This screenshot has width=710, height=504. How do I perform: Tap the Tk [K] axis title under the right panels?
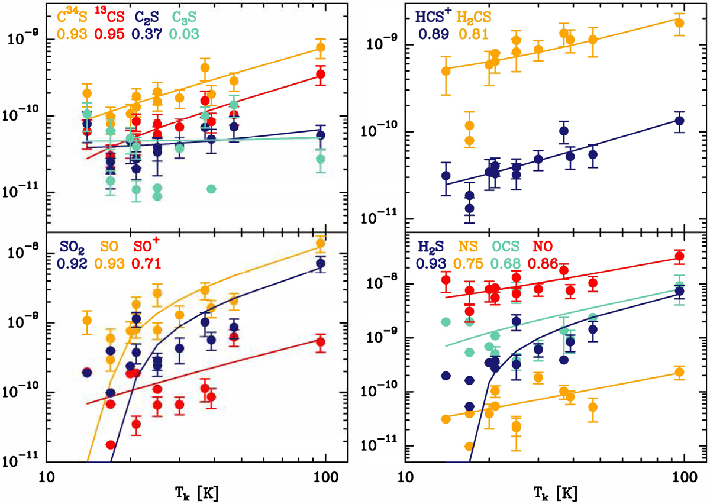[544, 491]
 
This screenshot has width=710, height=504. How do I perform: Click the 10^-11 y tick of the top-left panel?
[21, 192]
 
